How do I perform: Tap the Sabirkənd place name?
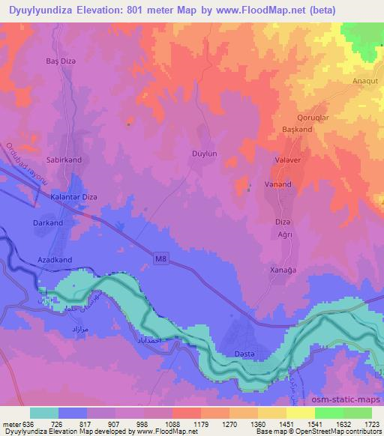pos(63,160)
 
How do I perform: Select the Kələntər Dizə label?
pos(73,197)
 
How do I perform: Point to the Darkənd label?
pos(48,223)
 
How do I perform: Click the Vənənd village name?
pos(278,184)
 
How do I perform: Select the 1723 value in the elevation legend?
pos(372,424)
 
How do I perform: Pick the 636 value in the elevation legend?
pos(27,424)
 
